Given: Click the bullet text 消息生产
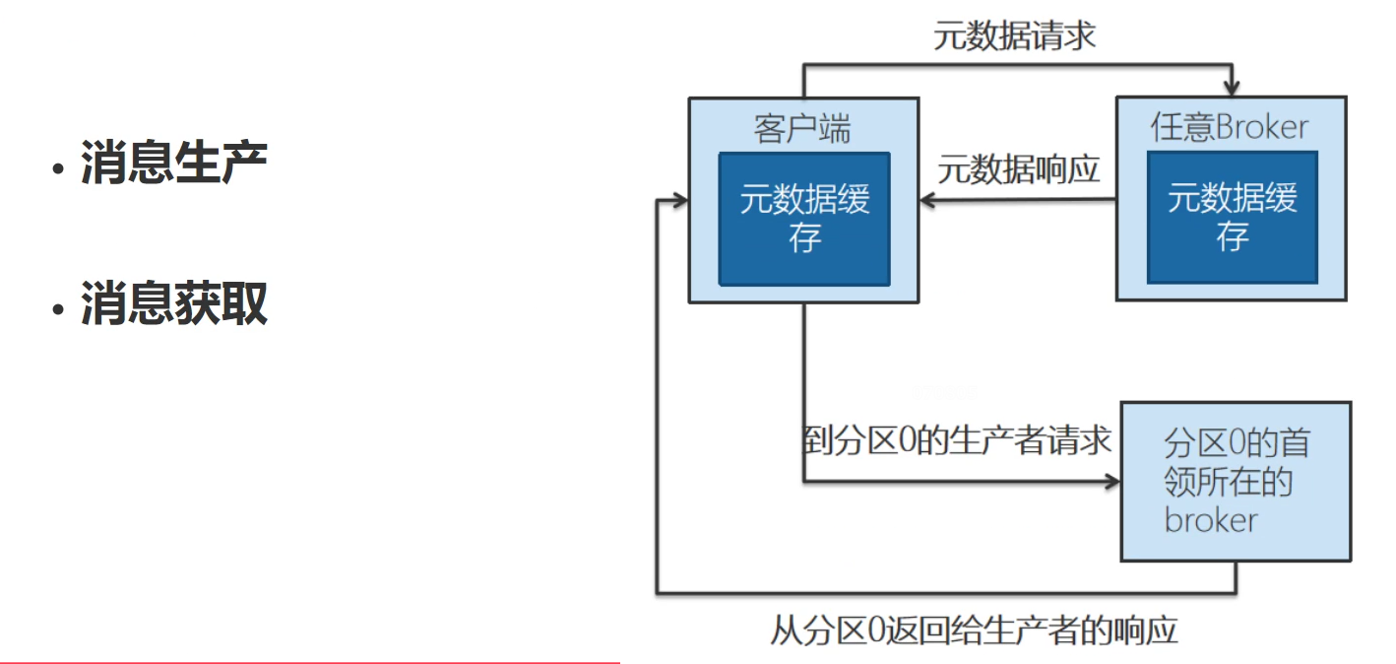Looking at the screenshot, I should pyautogui.click(x=173, y=163).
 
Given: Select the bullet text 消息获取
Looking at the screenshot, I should pyautogui.click(x=173, y=302).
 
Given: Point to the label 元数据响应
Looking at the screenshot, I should pyautogui.click(x=1018, y=168).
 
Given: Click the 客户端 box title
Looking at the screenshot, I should pyautogui.click(x=802, y=128).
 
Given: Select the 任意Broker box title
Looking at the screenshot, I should pyautogui.click(x=1230, y=127).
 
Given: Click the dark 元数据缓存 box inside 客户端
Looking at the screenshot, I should pyautogui.click(x=804, y=219).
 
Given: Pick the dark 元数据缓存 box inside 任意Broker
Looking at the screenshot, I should pyautogui.click(x=1232, y=218).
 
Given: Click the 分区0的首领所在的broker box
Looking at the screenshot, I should pyautogui.click(x=1236, y=481).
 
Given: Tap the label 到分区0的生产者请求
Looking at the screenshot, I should pyautogui.click(x=957, y=440).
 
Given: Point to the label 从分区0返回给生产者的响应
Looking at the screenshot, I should pyautogui.click(x=974, y=630).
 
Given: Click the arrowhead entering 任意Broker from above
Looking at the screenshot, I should pyautogui.click(x=1230, y=88).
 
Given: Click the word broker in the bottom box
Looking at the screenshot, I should pyautogui.click(x=1210, y=519).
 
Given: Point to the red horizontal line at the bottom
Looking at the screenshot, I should pyautogui.click(x=309, y=662).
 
